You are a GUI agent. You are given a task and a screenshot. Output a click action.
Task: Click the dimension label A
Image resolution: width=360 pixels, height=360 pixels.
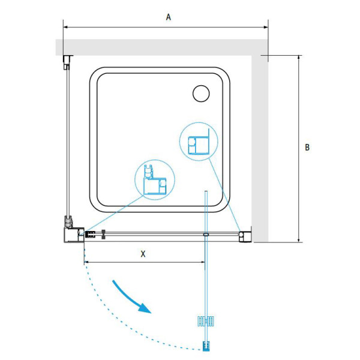click(x=169, y=17)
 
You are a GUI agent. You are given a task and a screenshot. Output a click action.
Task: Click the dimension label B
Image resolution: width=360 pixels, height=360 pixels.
click(x=307, y=147)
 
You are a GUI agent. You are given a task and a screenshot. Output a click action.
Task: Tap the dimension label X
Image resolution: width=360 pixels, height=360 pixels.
click(x=143, y=254)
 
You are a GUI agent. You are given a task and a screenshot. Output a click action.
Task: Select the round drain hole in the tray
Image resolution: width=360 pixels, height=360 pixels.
click(x=201, y=94)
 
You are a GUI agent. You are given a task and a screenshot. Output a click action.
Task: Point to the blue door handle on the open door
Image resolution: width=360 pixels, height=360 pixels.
click(x=206, y=321)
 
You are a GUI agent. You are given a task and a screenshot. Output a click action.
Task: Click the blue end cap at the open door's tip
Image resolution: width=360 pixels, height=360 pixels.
click(x=206, y=346)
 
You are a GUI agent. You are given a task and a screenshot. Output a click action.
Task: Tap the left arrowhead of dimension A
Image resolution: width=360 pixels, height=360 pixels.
click(x=65, y=27)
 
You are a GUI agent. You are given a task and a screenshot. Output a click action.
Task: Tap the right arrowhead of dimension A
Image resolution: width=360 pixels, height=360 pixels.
click(x=266, y=27)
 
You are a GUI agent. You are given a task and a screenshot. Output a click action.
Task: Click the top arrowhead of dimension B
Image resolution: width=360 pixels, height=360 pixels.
click(x=299, y=58)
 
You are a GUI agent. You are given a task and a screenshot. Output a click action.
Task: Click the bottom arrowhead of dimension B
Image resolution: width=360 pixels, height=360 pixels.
click(x=299, y=239)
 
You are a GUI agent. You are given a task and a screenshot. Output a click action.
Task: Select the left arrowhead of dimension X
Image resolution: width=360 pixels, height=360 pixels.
click(x=86, y=262)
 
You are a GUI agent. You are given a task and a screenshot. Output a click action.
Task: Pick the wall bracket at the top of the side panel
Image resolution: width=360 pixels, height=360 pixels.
click(x=67, y=62)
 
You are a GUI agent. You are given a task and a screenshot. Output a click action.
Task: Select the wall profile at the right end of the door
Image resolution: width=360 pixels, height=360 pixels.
click(x=245, y=236)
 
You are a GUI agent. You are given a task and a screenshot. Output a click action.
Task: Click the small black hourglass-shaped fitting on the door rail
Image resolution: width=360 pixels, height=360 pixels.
click(x=104, y=234)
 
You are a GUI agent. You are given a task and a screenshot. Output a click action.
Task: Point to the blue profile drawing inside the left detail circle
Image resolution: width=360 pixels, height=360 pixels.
click(x=155, y=180)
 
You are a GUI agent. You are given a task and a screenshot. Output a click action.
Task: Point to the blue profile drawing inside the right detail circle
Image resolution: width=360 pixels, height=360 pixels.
click(x=199, y=142)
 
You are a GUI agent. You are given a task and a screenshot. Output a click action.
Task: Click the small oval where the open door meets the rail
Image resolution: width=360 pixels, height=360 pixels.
click(x=206, y=235)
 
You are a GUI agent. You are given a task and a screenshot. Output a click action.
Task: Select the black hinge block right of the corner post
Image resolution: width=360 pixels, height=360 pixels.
click(x=91, y=235)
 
